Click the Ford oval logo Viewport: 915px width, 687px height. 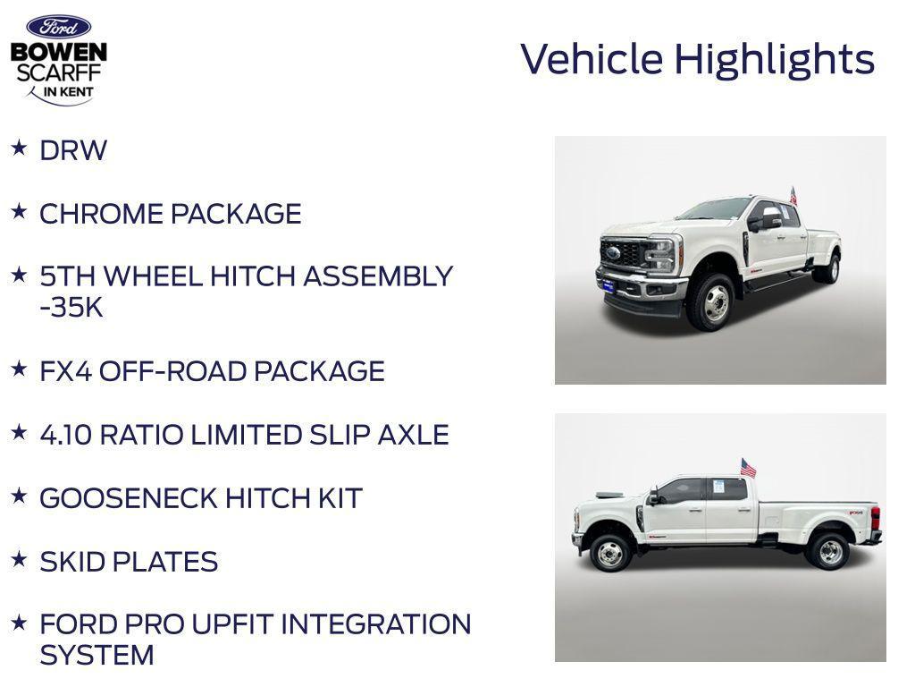coord(58,27)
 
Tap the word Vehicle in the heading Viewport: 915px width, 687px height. coord(592,60)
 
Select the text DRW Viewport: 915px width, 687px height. coord(73,150)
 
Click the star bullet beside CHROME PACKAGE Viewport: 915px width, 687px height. coord(19,211)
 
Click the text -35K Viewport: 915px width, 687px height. coord(71,308)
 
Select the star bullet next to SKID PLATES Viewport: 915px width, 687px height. coord(19,559)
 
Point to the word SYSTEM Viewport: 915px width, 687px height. coord(97,655)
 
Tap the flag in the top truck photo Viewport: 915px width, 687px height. coord(793,195)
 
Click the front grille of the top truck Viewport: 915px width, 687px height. coord(622,254)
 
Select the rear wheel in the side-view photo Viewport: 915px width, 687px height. coord(829,551)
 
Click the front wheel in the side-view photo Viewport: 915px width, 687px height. coord(610,553)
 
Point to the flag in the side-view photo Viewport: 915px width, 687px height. coord(748,468)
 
